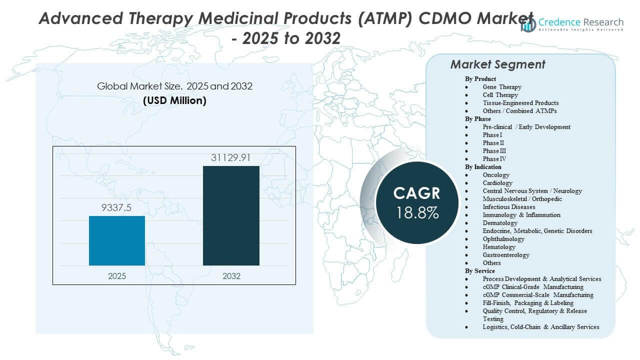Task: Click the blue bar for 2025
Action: tap(117, 240)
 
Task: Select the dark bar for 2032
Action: tap(231, 215)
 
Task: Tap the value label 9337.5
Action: tap(117, 208)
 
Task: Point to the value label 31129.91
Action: tap(231, 158)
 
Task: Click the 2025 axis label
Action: tap(117, 276)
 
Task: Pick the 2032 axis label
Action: tap(231, 276)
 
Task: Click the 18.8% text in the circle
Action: tap(417, 212)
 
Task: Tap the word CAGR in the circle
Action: tap(417, 193)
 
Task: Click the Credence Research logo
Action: tap(572, 24)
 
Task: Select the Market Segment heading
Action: tap(497, 64)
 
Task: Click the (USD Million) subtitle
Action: tap(174, 100)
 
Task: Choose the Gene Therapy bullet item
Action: tap(502, 87)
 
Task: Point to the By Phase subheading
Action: tap(478, 119)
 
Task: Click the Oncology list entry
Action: tap(496, 175)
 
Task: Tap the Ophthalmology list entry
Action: tap(503, 239)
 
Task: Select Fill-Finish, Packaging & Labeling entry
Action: tap(528, 303)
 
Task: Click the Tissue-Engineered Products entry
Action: tap(520, 103)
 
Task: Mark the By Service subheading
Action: tap(480, 271)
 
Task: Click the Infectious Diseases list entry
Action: tap(509, 207)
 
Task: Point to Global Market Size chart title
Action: tap(174, 86)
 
